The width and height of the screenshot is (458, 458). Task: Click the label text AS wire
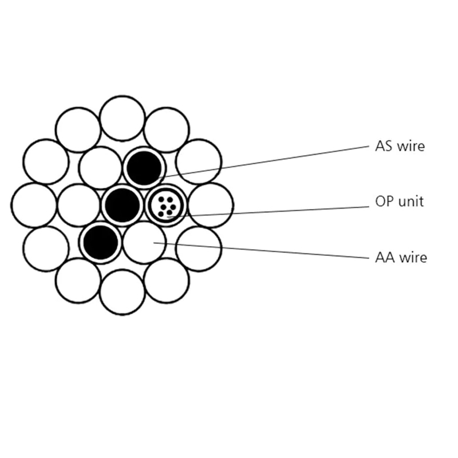pos(400,146)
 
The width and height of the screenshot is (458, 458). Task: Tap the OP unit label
pos(399,202)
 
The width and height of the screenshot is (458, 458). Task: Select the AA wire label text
pos(401,257)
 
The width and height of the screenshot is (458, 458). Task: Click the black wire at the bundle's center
pos(123,205)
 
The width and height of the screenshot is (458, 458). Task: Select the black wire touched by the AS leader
pos(144,168)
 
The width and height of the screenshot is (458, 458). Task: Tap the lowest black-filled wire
pos(101,242)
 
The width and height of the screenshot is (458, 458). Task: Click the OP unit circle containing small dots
pos(166,205)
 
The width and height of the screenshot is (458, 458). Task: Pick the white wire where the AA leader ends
pos(144,242)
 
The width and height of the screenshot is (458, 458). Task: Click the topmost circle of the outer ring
pos(123,119)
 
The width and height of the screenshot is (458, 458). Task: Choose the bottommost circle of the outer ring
pos(123,292)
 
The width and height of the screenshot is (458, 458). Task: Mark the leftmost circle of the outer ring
pos(34,205)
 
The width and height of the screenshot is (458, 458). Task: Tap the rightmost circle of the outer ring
pos(211,205)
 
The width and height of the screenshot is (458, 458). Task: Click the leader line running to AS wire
pos(264,161)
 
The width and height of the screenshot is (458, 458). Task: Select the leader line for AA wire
pos(262,250)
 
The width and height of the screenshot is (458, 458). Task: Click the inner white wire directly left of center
pos(79,205)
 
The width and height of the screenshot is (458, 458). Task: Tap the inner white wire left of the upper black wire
pos(101,168)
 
